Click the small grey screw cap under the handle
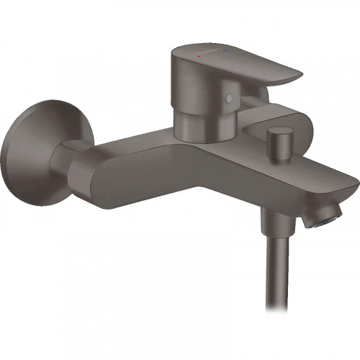click(x=230, y=98)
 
